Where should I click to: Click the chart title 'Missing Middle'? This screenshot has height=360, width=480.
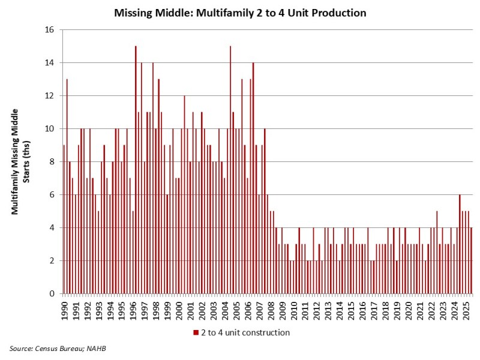tap(240, 13)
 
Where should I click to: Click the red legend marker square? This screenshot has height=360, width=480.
tap(195, 332)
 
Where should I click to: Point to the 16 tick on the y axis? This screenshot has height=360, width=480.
tap(50, 29)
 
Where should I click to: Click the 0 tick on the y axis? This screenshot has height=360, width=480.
tap(52, 293)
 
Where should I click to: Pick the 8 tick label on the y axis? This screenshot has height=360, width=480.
tap(52, 161)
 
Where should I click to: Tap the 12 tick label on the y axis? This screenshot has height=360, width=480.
tap(50, 95)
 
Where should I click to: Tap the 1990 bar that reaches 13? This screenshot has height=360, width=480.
tap(67, 186)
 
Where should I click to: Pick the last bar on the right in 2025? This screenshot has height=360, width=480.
tap(471, 260)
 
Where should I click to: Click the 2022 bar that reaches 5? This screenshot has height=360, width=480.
tap(437, 252)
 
